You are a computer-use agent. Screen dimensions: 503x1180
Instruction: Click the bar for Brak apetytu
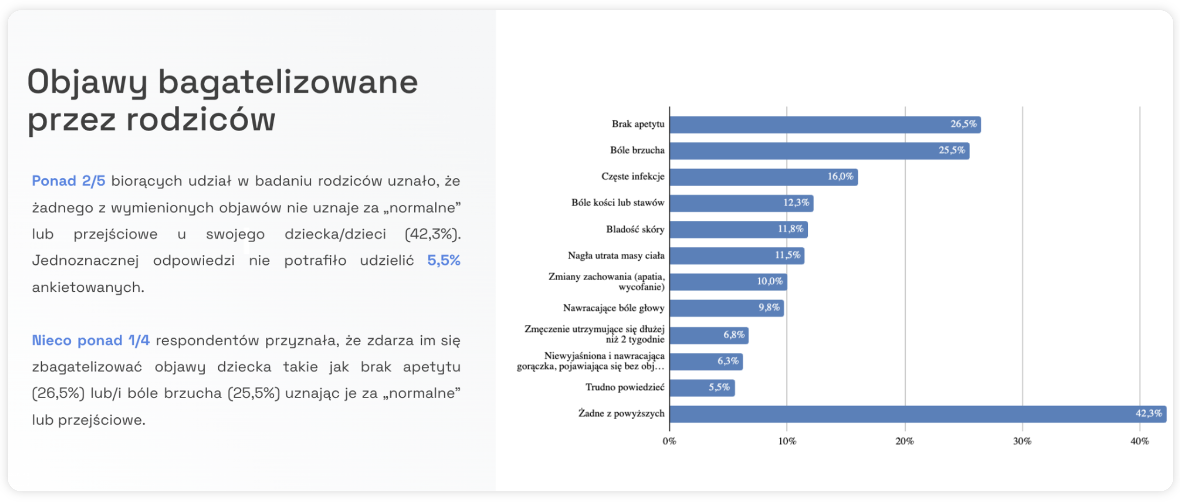(824, 125)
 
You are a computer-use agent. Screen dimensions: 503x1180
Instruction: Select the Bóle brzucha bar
(818, 151)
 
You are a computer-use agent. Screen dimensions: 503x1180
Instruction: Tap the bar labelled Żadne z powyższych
(917, 414)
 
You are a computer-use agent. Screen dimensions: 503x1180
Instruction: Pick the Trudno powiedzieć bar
(702, 388)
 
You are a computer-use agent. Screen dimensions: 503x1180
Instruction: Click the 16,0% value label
(840, 176)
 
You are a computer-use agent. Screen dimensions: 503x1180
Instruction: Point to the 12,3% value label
(796, 203)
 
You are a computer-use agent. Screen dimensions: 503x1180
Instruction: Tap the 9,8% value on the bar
(769, 308)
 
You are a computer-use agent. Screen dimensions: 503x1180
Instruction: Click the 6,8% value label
(733, 335)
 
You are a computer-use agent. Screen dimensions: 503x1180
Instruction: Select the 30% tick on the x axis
(1022, 442)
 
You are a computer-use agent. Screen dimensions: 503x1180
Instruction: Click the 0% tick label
(669, 442)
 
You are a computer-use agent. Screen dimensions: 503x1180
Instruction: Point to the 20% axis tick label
(904, 442)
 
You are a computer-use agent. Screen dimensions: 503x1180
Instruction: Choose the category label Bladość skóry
(635, 229)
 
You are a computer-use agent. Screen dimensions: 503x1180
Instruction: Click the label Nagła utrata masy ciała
(616, 255)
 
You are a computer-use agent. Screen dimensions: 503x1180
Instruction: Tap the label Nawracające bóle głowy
(613, 308)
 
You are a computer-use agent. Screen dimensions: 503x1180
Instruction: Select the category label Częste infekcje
(632, 176)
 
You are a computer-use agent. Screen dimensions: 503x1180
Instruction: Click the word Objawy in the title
(87, 83)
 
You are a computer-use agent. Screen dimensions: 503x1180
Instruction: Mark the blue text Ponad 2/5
(68, 181)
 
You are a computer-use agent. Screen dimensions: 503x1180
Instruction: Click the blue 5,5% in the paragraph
(443, 261)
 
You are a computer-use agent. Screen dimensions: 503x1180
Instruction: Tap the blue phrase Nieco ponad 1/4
(91, 340)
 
